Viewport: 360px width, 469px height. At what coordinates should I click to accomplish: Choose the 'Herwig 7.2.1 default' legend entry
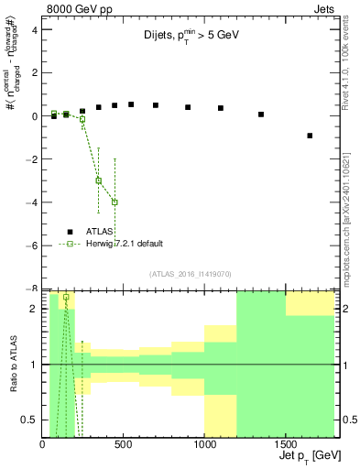click(x=124, y=244)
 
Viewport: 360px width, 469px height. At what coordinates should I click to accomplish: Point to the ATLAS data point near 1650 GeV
click(x=310, y=136)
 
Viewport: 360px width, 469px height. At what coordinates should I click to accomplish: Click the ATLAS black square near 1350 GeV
click(x=261, y=115)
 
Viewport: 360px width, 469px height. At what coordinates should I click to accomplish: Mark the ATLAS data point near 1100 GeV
click(x=221, y=108)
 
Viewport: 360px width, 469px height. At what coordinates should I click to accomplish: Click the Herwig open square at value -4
click(x=115, y=202)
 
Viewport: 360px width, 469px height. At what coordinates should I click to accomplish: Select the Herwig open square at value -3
click(x=99, y=180)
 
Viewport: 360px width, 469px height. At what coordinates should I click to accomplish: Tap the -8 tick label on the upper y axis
click(x=32, y=289)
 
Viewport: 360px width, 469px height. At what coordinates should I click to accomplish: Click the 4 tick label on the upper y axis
click(x=34, y=29)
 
